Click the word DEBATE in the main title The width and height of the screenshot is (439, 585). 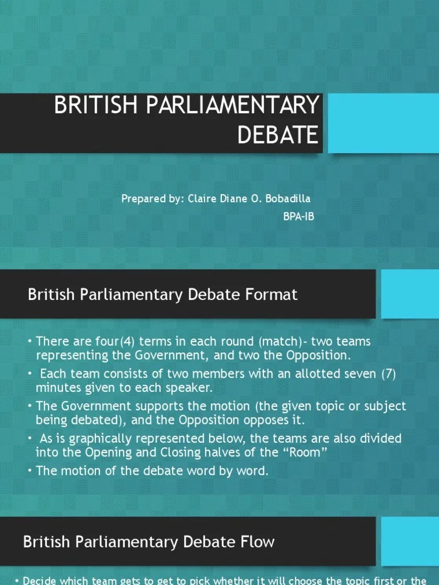278,135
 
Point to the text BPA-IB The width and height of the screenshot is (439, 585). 298,217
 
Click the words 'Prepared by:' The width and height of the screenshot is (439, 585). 152,199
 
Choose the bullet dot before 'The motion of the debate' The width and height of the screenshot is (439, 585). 30,471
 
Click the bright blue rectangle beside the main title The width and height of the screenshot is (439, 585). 383,123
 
